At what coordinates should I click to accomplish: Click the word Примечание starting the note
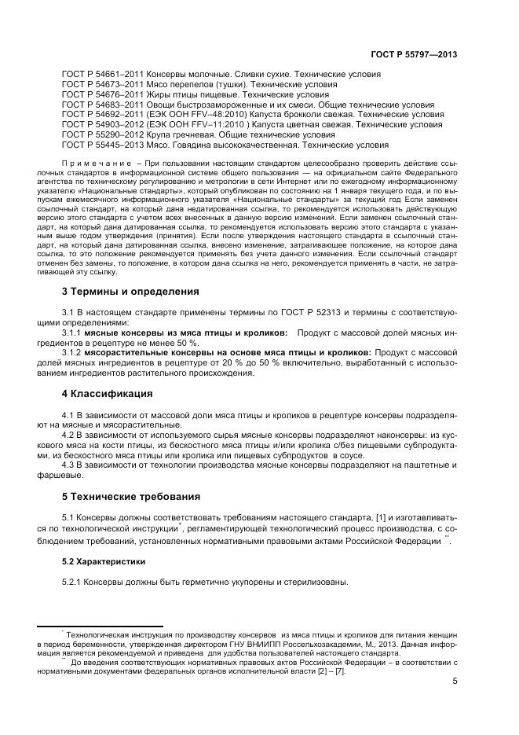coord(95,162)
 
